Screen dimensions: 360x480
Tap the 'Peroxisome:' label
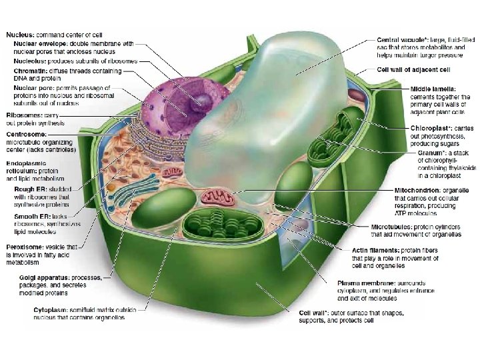pos(25,246)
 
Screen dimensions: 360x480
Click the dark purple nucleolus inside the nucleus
pos(199,100)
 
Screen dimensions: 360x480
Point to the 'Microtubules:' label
pos(394,227)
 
